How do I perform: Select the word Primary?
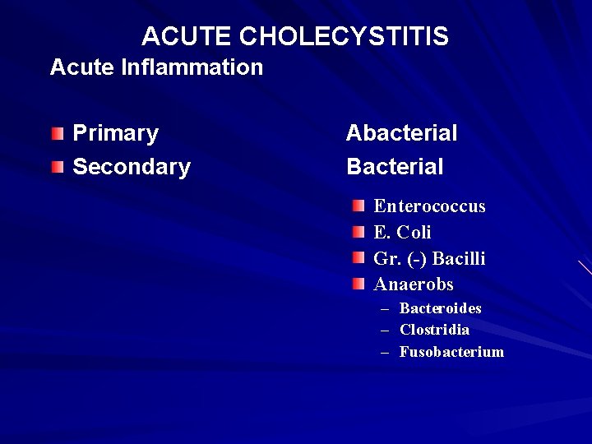(116, 133)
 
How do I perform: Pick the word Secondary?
(132, 167)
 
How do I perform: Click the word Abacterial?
(401, 133)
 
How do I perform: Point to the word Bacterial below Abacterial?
(395, 167)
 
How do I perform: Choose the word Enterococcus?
(429, 206)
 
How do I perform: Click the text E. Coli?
(402, 233)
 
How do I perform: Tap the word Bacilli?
(459, 259)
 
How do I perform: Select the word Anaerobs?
(414, 284)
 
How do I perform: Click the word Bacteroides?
(440, 308)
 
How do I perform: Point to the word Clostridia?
(434, 330)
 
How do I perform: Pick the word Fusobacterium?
(451, 352)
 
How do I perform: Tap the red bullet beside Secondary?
(55, 168)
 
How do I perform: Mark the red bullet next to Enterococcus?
(358, 206)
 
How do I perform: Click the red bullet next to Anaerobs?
(358, 284)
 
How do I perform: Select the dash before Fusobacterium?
(384, 352)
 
